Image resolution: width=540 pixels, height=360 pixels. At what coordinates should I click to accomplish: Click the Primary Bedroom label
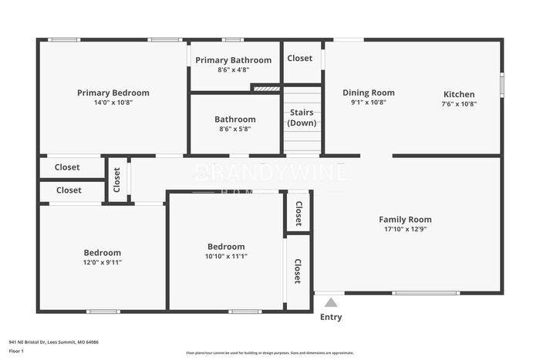tap(113, 93)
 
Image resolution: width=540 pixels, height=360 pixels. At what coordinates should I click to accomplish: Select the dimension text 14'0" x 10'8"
tap(113, 103)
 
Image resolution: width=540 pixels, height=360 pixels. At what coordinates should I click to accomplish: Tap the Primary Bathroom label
tap(233, 60)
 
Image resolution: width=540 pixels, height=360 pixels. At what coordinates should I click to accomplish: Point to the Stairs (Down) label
tap(302, 117)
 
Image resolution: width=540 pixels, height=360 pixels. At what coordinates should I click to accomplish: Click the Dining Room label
tap(368, 93)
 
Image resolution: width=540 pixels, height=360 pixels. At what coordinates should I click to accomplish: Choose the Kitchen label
tap(458, 94)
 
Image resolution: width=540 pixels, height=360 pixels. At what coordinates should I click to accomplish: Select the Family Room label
tap(405, 219)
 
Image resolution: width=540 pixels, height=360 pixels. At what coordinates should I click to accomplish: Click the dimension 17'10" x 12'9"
tap(405, 229)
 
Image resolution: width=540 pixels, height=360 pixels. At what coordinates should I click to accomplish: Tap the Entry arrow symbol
tap(330, 303)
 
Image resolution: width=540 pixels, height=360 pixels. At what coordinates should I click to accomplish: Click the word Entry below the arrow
tap(330, 317)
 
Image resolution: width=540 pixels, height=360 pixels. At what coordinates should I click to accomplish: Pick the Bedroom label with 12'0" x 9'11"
tap(102, 252)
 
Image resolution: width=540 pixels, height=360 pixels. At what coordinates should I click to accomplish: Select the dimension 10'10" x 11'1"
tap(226, 257)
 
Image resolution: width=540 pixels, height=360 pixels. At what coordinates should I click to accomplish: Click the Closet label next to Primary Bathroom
tap(300, 58)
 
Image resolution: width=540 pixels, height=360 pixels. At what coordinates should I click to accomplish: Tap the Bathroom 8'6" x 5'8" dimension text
tap(235, 130)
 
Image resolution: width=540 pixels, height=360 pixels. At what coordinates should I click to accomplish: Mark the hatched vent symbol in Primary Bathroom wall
tap(267, 89)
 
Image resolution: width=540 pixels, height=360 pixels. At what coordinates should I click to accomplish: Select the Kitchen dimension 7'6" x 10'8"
tap(458, 103)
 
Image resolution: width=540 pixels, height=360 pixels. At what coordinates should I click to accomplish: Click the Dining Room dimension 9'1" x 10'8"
tap(368, 103)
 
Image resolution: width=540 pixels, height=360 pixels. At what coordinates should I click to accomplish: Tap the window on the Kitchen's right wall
tap(501, 84)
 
